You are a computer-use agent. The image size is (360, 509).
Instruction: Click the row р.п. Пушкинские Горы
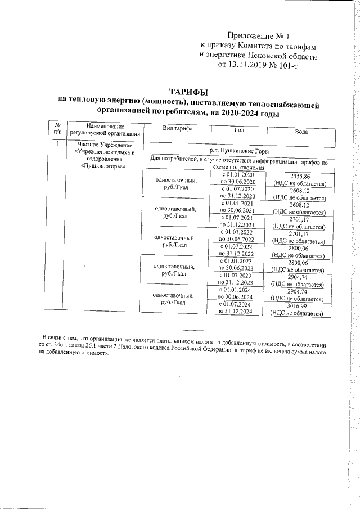238,151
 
